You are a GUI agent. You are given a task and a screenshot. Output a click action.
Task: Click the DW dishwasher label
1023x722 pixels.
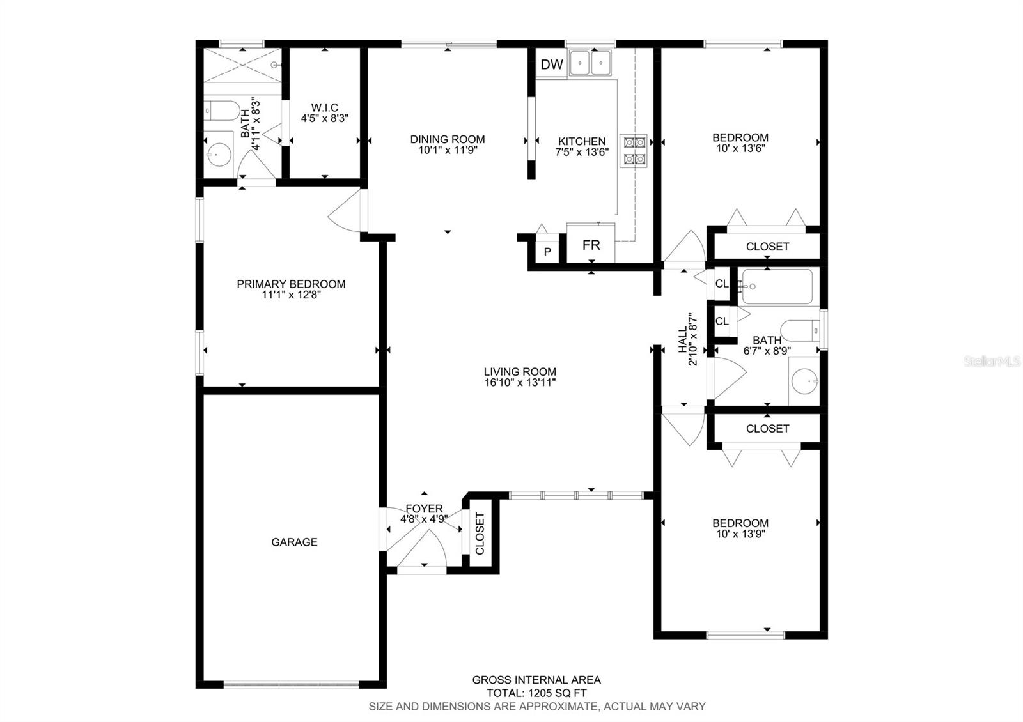click(552, 64)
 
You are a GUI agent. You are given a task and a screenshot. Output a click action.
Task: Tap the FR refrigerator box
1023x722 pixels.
click(591, 245)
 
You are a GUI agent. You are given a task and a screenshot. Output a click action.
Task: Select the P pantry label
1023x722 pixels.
click(547, 252)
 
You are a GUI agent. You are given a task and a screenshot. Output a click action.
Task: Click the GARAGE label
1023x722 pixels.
click(294, 542)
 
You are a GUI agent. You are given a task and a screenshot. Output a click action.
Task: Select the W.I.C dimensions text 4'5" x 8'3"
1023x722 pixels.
click(325, 118)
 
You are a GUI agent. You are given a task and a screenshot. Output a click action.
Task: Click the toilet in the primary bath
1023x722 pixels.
click(221, 111)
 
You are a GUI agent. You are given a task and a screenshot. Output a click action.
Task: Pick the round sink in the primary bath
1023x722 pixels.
click(219, 153)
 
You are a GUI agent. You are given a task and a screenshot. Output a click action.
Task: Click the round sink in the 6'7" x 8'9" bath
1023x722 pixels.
click(804, 382)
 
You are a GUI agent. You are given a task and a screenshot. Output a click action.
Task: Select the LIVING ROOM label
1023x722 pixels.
click(520, 371)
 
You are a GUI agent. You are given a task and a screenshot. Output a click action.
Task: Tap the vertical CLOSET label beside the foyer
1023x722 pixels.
click(480, 534)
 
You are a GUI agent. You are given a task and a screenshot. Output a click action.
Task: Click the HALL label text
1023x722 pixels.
click(683, 340)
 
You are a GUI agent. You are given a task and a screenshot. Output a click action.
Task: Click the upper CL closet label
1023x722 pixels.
click(722, 283)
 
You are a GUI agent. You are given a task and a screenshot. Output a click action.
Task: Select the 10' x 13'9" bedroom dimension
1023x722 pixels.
click(740, 534)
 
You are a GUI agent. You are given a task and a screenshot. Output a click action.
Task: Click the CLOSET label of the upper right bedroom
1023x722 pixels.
click(767, 246)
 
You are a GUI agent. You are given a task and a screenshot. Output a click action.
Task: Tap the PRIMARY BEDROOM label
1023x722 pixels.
click(291, 284)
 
